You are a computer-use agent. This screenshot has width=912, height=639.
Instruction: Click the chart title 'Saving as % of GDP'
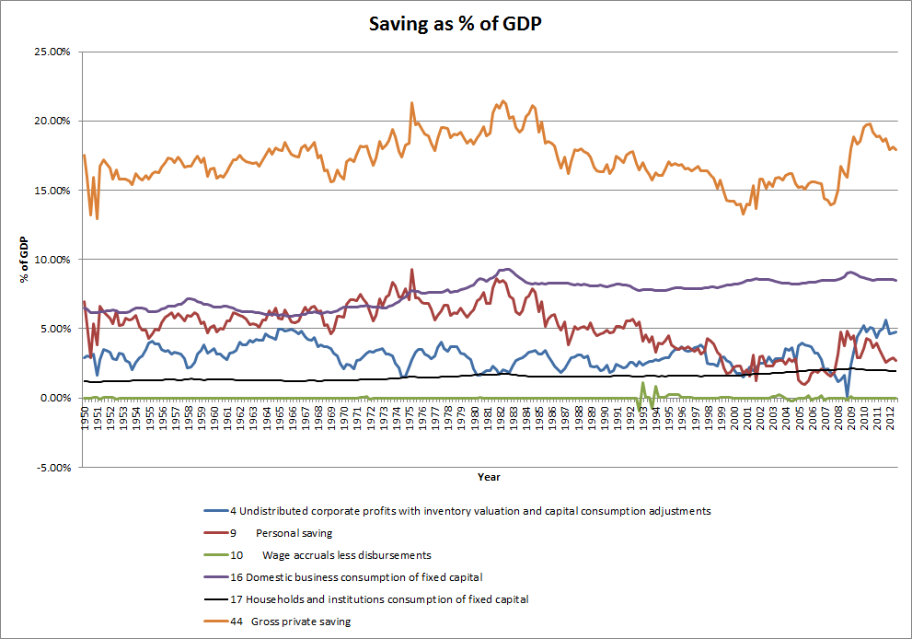click(x=456, y=25)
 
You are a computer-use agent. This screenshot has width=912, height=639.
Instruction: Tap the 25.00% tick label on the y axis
click(x=53, y=52)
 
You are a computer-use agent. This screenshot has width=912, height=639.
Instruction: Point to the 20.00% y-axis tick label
click(x=53, y=121)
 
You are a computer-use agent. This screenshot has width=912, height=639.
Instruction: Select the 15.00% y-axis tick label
click(x=53, y=191)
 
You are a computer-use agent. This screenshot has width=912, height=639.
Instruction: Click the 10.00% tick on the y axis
click(x=53, y=260)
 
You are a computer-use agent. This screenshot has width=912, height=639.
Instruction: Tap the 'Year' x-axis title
click(x=489, y=477)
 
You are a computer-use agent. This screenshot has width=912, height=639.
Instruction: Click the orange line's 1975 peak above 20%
click(x=411, y=102)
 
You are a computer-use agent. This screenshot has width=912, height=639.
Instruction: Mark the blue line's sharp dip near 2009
click(x=847, y=396)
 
